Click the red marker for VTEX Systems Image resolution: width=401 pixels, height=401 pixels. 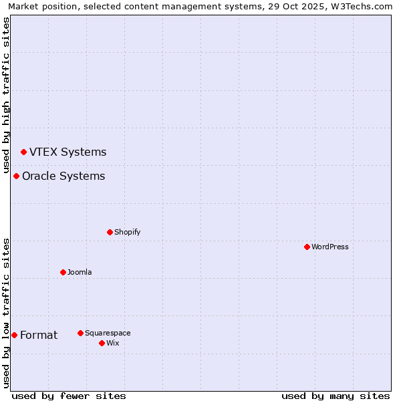(23, 152)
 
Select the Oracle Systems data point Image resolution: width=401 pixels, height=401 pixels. (16, 176)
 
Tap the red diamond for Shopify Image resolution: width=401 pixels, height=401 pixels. (110, 232)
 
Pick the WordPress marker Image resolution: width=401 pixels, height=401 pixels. (307, 247)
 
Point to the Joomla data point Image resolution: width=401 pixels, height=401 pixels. (63, 272)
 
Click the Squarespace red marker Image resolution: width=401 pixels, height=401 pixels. (80, 333)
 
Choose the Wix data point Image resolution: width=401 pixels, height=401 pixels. (102, 343)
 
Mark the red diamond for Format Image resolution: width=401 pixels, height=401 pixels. (14, 335)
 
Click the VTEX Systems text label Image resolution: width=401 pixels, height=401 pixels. (68, 152)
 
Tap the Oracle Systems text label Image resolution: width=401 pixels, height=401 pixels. (63, 176)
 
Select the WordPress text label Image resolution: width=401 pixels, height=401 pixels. (330, 247)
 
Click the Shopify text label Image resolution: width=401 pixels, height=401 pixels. (127, 232)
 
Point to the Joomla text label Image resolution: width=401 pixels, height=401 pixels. (80, 272)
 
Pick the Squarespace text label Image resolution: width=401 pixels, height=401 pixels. (108, 333)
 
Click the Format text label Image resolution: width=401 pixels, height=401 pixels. (39, 335)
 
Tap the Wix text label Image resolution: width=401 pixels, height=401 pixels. (112, 343)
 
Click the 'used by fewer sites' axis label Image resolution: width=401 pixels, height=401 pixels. (69, 396)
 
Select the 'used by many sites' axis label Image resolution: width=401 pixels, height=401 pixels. (336, 396)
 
